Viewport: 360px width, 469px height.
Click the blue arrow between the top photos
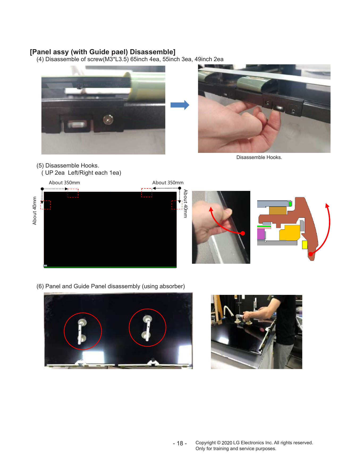[180, 105]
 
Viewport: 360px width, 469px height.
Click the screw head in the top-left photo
[108, 119]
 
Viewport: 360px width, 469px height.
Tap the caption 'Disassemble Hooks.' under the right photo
[259, 157]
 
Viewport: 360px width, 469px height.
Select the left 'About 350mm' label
[64, 183]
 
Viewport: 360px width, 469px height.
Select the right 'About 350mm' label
[168, 183]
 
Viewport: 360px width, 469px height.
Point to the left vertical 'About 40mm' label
[35, 211]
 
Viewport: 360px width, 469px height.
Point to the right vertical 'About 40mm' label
[185, 204]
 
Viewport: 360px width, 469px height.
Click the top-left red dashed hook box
[73, 193]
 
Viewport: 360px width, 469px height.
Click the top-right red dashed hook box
[147, 193]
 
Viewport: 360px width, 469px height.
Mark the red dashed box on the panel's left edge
[45, 205]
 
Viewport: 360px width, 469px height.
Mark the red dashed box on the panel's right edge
[177, 205]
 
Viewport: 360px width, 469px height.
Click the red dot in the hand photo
[243, 233]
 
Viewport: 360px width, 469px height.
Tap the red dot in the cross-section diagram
[311, 254]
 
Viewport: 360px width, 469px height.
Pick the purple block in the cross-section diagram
[261, 234]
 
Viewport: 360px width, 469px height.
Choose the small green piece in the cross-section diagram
[290, 204]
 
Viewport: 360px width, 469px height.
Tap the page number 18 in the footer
[180, 443]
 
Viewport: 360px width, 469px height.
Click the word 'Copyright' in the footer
[206, 443]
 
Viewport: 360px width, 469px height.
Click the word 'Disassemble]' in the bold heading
[153, 52]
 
